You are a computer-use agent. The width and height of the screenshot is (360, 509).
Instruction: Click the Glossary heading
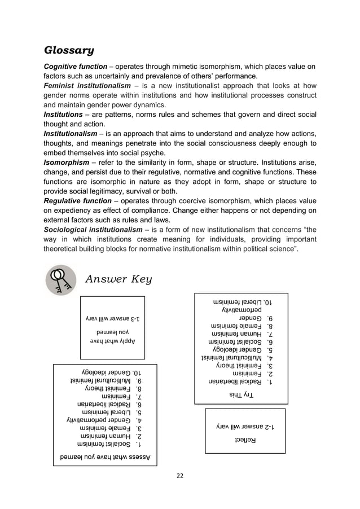point(69,52)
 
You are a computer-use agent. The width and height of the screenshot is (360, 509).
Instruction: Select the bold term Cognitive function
point(76,67)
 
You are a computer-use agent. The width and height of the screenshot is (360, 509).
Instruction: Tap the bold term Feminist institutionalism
point(88,86)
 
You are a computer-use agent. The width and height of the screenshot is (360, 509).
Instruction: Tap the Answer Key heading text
point(118,279)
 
